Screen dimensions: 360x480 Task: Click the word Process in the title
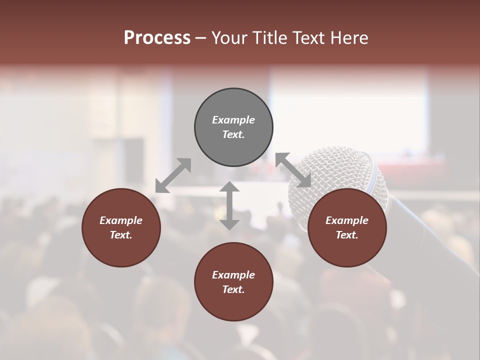pos(157,38)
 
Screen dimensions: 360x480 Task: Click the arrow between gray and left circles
pos(173,175)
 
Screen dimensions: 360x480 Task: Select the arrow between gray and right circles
pos(293,170)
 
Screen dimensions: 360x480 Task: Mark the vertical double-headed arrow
pos(229,205)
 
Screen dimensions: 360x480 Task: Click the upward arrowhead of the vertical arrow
pos(229,186)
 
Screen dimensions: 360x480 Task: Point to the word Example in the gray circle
pos(233,120)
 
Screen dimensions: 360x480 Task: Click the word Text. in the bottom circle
pos(233,289)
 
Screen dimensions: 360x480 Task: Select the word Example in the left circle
pos(121,220)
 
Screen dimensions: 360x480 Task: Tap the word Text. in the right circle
pos(347,235)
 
